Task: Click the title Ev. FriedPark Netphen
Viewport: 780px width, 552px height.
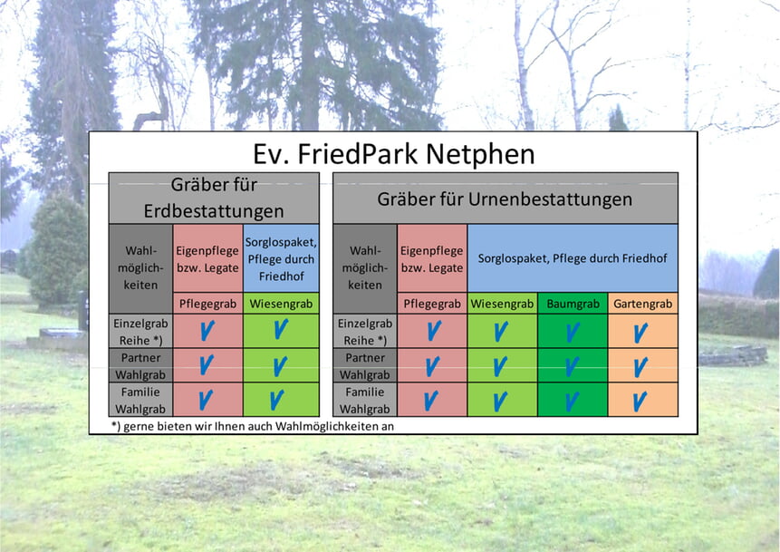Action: tap(393, 154)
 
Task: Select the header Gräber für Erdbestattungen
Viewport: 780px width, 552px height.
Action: tap(214, 199)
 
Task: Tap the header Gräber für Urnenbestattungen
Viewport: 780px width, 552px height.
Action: tap(505, 199)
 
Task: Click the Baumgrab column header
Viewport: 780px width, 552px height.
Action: tap(573, 304)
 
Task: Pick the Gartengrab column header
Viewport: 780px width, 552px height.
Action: tap(642, 304)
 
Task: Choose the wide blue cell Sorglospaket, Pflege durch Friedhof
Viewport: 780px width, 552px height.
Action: tap(573, 258)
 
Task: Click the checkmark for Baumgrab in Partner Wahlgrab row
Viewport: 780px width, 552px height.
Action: tap(572, 366)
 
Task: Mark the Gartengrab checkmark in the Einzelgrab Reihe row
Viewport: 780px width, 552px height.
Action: tap(640, 333)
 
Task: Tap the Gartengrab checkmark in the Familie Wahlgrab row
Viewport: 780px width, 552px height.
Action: tap(640, 401)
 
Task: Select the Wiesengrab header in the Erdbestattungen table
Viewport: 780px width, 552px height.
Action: tap(281, 304)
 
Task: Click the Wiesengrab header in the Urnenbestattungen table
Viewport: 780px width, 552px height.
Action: tap(502, 304)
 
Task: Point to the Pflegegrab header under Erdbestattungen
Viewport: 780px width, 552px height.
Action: tap(208, 304)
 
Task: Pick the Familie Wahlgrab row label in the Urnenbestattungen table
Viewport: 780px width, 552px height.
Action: tap(364, 401)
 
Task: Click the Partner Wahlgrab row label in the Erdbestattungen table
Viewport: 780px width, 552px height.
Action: tap(140, 366)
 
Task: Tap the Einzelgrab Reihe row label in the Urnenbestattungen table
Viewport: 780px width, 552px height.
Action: tap(364, 332)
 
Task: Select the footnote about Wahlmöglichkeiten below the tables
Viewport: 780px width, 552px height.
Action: tap(253, 426)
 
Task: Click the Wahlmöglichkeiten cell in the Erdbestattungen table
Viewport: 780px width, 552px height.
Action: tap(140, 267)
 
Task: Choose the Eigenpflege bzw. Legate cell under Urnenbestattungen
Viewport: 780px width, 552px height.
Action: tap(432, 259)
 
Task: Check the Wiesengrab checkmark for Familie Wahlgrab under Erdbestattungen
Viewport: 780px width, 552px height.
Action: tap(277, 400)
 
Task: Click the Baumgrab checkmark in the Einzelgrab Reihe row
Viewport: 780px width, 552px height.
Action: tap(573, 333)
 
